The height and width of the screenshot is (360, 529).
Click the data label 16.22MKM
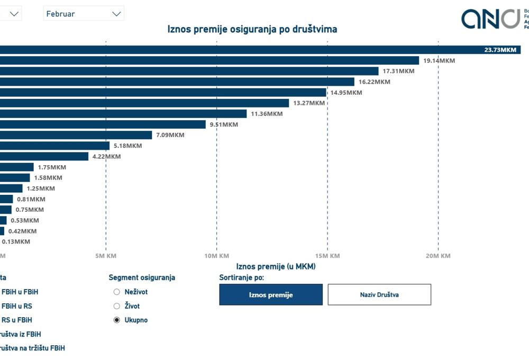pos(374,82)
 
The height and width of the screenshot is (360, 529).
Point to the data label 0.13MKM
pos(16,241)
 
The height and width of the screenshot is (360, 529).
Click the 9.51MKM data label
pos(224,124)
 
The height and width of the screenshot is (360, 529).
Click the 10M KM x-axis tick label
pos(216,256)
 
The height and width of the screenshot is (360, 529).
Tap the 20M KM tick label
pos(437,256)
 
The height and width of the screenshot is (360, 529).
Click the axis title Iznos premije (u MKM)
pos(276,267)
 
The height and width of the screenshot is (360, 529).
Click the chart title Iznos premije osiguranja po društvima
pos(252,29)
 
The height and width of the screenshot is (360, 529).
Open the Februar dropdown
pos(84,14)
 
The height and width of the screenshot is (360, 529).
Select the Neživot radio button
pos(117,292)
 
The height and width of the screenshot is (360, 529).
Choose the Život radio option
pos(117,306)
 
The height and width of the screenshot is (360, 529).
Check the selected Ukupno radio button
pos(117,320)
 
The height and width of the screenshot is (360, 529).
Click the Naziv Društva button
pos(379,295)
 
